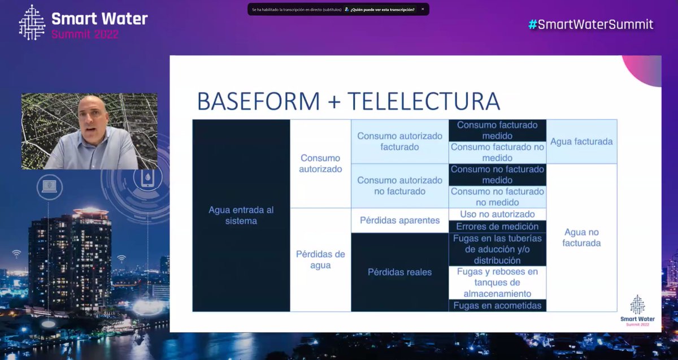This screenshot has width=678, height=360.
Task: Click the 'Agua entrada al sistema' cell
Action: coord(241,215)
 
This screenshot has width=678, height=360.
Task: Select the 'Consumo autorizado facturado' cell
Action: coord(399,141)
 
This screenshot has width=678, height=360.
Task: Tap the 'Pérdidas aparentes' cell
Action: coord(399,220)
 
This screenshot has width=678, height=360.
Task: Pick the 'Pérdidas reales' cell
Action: coord(399,272)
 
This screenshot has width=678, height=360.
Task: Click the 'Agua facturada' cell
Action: coord(581,142)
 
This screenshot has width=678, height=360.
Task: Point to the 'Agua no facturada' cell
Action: coord(581,237)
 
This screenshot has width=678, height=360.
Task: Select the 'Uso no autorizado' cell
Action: coord(497,214)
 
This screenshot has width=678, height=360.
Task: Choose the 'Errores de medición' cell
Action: coord(497,227)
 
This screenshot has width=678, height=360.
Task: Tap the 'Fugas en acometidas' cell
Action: coord(497,306)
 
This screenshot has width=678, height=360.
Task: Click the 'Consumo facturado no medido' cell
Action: coord(497,153)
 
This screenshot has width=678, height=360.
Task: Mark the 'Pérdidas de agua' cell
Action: coord(320,259)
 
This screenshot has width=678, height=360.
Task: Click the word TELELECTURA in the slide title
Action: coord(423,102)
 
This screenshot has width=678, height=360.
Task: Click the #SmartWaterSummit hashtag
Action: coord(590,24)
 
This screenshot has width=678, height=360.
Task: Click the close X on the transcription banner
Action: coord(422,9)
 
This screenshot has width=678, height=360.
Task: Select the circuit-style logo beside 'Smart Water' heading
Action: coord(32,23)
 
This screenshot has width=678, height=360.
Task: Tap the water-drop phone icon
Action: coord(148,178)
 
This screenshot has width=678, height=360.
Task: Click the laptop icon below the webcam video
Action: coord(49,185)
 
